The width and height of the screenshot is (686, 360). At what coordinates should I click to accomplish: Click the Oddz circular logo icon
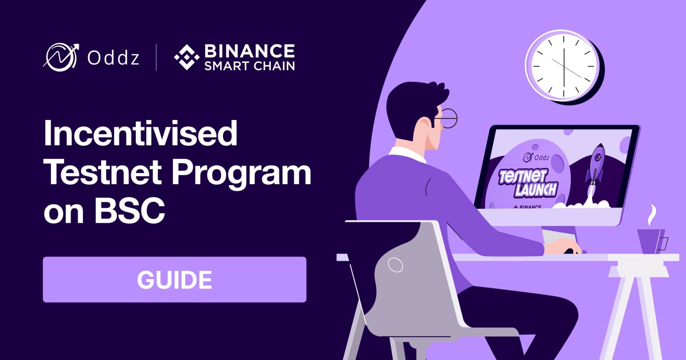pyautogui.click(x=61, y=57)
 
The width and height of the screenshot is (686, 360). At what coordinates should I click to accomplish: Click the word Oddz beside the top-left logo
pyautogui.click(x=113, y=57)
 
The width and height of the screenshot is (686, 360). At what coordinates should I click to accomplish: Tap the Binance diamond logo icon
pyautogui.click(x=187, y=57)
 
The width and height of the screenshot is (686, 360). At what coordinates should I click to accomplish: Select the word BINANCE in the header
pyautogui.click(x=249, y=51)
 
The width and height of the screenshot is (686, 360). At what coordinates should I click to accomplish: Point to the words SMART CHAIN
pyautogui.click(x=249, y=66)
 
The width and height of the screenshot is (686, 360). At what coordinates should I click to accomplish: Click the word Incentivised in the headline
pyautogui.click(x=140, y=133)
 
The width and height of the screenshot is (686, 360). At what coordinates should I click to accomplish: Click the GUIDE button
pyautogui.click(x=174, y=279)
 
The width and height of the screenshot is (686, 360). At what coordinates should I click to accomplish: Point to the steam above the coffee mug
pyautogui.click(x=652, y=216)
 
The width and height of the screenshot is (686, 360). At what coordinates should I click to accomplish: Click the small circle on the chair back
pyautogui.click(x=395, y=265)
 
